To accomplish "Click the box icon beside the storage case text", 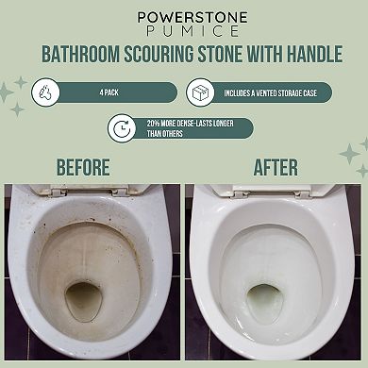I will [201, 93].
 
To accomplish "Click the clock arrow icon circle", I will [122, 127].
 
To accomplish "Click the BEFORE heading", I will [83, 168].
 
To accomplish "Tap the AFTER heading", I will [276, 168].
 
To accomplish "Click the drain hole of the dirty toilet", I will [83, 301].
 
